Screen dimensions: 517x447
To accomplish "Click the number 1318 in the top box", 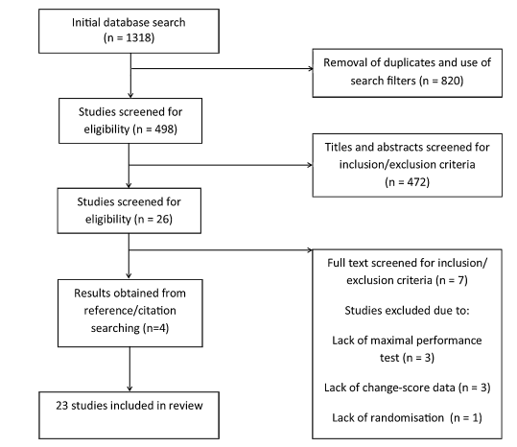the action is pyautogui.click(x=138, y=37).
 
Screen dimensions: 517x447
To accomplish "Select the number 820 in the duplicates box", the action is pyautogui.click(x=451, y=81).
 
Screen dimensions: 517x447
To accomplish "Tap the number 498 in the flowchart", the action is pyautogui.click(x=164, y=129).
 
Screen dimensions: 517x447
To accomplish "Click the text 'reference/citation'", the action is pyautogui.click(x=129, y=311).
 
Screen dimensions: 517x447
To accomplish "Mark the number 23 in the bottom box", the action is pyautogui.click(x=62, y=406).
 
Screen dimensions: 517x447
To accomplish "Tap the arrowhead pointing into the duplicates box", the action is pyautogui.click(x=311, y=68).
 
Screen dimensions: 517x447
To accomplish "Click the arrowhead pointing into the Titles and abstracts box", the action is pyautogui.click(x=310, y=165).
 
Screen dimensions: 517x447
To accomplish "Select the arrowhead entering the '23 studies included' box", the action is pyautogui.click(x=129, y=389).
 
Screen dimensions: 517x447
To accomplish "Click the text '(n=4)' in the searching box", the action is pyautogui.click(x=155, y=328).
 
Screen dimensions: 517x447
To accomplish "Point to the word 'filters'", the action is pyautogui.click(x=401, y=81).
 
